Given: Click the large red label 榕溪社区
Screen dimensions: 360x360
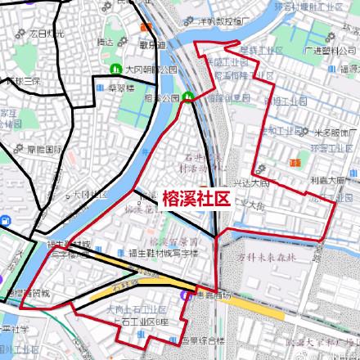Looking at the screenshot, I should [195, 197].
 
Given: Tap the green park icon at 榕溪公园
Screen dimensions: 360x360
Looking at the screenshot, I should [189, 98].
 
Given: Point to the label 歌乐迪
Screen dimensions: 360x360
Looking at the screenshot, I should [150, 44].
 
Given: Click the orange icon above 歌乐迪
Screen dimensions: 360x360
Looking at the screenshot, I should [149, 34].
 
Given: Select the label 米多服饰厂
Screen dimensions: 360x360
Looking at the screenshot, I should [335, 132].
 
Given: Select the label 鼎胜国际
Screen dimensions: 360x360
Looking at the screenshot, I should [45, 149].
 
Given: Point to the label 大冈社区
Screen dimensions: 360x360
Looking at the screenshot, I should [90, 195].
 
